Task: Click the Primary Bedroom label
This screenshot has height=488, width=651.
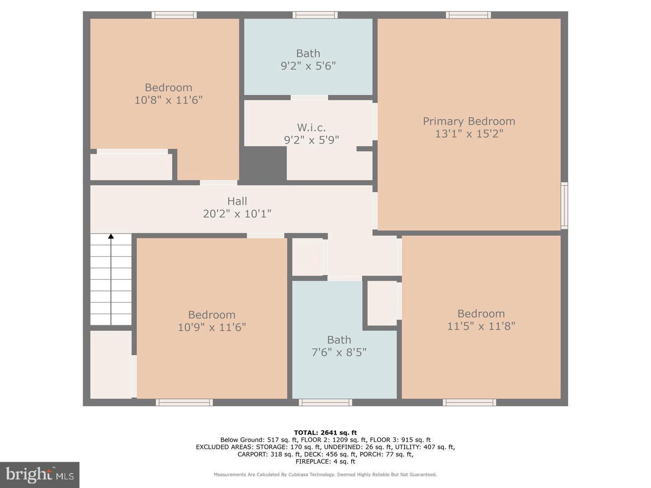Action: point(469,122)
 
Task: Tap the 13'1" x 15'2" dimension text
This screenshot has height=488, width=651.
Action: point(469,134)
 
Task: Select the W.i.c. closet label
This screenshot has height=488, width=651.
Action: point(311,128)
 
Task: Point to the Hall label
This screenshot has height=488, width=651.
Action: point(237,201)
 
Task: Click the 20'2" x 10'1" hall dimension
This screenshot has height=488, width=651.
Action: point(237,214)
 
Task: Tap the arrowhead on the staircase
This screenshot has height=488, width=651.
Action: point(111,236)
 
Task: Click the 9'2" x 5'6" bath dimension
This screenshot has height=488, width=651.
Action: point(308,66)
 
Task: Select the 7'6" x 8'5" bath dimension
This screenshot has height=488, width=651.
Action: point(339,352)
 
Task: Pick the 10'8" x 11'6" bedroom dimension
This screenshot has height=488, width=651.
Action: point(169,100)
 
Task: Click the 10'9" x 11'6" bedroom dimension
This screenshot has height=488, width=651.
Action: point(212,327)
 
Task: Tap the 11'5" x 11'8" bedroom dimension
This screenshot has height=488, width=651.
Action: point(481,326)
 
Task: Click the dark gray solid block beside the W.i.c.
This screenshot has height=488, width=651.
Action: point(263,164)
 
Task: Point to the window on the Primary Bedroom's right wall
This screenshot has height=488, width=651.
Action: point(564,206)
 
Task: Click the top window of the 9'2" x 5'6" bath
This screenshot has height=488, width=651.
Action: point(315,15)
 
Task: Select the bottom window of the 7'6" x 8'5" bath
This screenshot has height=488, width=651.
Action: point(325,402)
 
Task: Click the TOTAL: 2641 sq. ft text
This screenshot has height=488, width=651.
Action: point(325,432)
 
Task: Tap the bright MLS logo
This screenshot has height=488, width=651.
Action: point(40,475)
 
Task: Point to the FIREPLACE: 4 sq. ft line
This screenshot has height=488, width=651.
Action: point(325,461)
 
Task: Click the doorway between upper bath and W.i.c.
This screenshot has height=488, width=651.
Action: point(309,98)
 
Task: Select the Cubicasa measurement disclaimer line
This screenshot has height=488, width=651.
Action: point(325,474)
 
